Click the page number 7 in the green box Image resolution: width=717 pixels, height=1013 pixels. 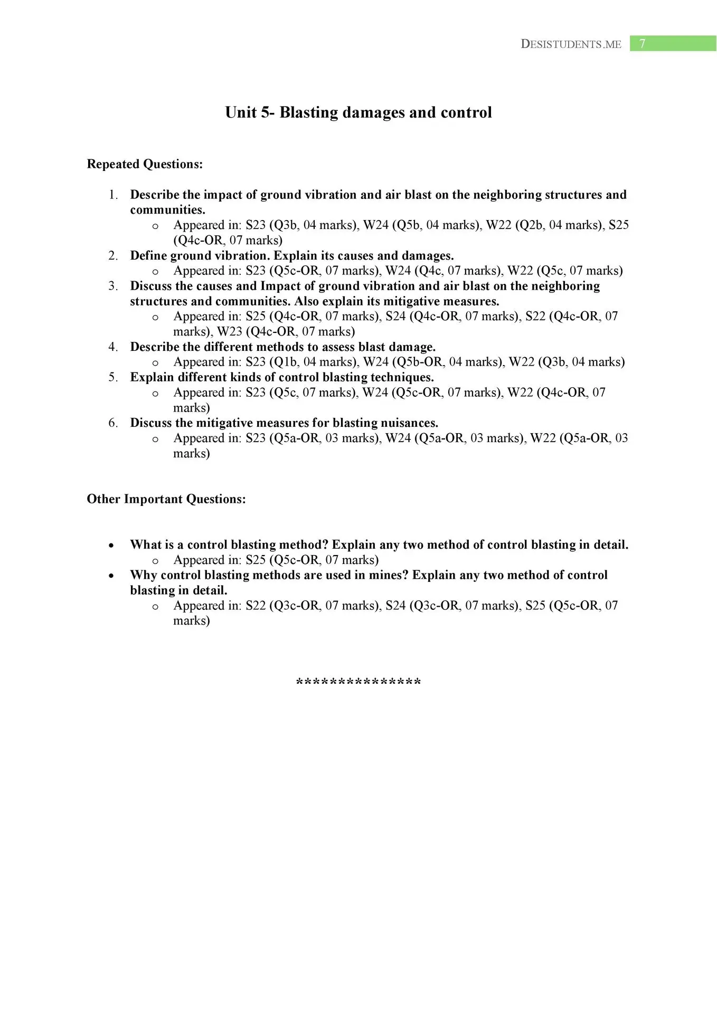point(642,44)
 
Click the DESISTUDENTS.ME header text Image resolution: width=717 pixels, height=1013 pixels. point(571,44)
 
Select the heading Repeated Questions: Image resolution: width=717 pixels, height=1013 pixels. point(145,164)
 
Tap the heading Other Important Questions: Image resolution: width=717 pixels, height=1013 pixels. point(166,499)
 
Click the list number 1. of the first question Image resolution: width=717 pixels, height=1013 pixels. point(114,195)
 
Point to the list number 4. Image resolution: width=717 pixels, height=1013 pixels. point(114,347)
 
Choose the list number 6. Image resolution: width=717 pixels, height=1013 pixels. point(114,423)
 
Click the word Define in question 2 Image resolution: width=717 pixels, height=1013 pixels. point(148,256)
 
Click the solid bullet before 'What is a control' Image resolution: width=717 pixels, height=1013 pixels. point(111,546)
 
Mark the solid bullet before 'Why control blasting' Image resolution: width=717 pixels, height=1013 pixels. point(111,576)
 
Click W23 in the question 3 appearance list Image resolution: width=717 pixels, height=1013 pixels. point(230,332)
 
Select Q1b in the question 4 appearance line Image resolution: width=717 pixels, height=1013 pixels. point(285,362)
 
